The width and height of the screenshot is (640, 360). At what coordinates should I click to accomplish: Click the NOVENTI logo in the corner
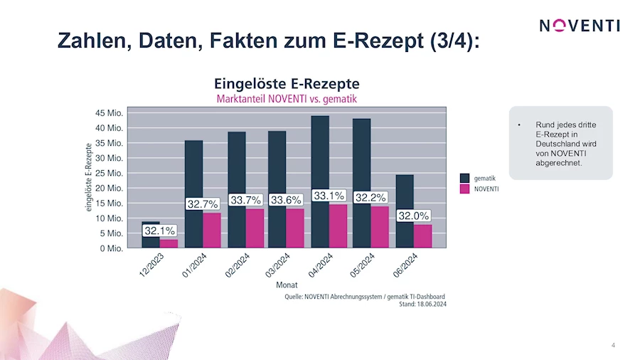click(x=579, y=26)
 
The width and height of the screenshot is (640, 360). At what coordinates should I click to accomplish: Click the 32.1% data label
click(x=160, y=231)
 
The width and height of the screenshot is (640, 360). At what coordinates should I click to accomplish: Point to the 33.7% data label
click(x=246, y=200)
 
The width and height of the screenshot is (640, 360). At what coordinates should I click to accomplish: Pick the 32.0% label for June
click(x=413, y=216)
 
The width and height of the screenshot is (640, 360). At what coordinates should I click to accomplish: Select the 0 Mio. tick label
click(x=112, y=249)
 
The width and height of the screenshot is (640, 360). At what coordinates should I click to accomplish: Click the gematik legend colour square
click(x=465, y=177)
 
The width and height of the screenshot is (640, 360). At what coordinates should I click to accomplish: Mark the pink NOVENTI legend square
click(x=465, y=189)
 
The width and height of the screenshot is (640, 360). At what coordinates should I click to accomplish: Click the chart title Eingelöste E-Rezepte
click(x=287, y=83)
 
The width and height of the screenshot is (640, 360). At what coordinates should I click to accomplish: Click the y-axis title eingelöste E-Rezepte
click(x=90, y=179)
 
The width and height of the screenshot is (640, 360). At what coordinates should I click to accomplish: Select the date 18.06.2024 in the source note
click(x=431, y=305)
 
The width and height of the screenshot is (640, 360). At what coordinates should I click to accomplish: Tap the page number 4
click(x=613, y=346)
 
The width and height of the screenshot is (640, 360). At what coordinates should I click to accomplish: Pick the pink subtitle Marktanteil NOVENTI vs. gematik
click(x=287, y=98)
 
